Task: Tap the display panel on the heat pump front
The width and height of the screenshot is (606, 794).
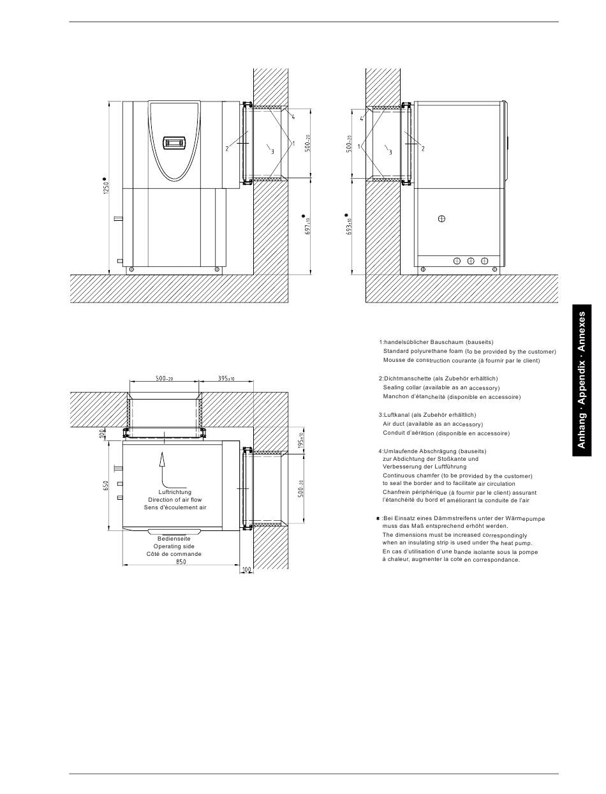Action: click(x=175, y=142)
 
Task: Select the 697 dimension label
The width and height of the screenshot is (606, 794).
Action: click(x=307, y=226)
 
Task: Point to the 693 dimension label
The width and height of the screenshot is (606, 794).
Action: click(x=349, y=226)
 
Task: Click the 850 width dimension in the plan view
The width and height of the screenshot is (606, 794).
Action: click(x=181, y=562)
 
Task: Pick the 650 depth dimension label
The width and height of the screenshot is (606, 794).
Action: click(x=105, y=486)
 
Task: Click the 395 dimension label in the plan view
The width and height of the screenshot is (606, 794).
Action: click(x=226, y=378)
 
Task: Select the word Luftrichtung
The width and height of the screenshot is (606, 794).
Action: click(x=175, y=492)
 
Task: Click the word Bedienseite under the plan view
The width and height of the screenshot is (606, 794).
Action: click(x=174, y=539)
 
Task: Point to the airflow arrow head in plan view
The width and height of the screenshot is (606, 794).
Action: click(x=162, y=458)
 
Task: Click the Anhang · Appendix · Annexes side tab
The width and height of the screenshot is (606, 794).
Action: click(x=582, y=380)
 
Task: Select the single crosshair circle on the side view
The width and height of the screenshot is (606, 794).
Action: click(x=441, y=218)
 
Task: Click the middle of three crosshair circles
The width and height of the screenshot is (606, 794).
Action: click(x=471, y=261)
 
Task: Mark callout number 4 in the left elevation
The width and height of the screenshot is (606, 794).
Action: click(x=293, y=117)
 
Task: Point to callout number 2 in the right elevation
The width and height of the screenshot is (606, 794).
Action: click(x=423, y=148)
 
